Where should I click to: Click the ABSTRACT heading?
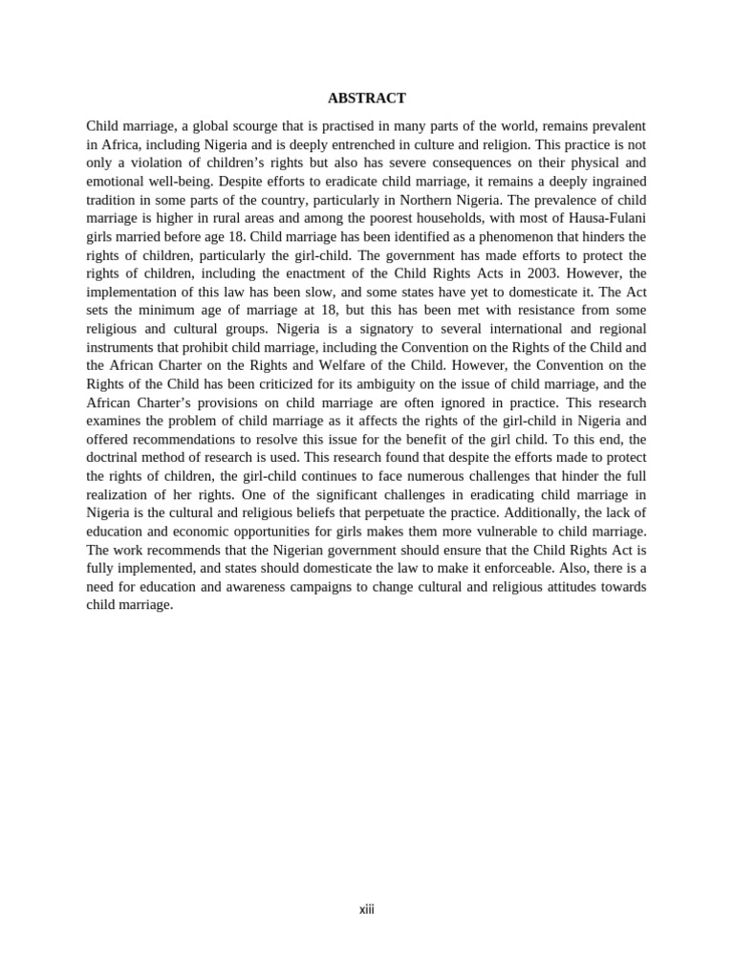[x=366, y=98]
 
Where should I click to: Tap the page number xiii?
[x=367, y=909]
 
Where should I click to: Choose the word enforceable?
[x=481, y=568]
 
